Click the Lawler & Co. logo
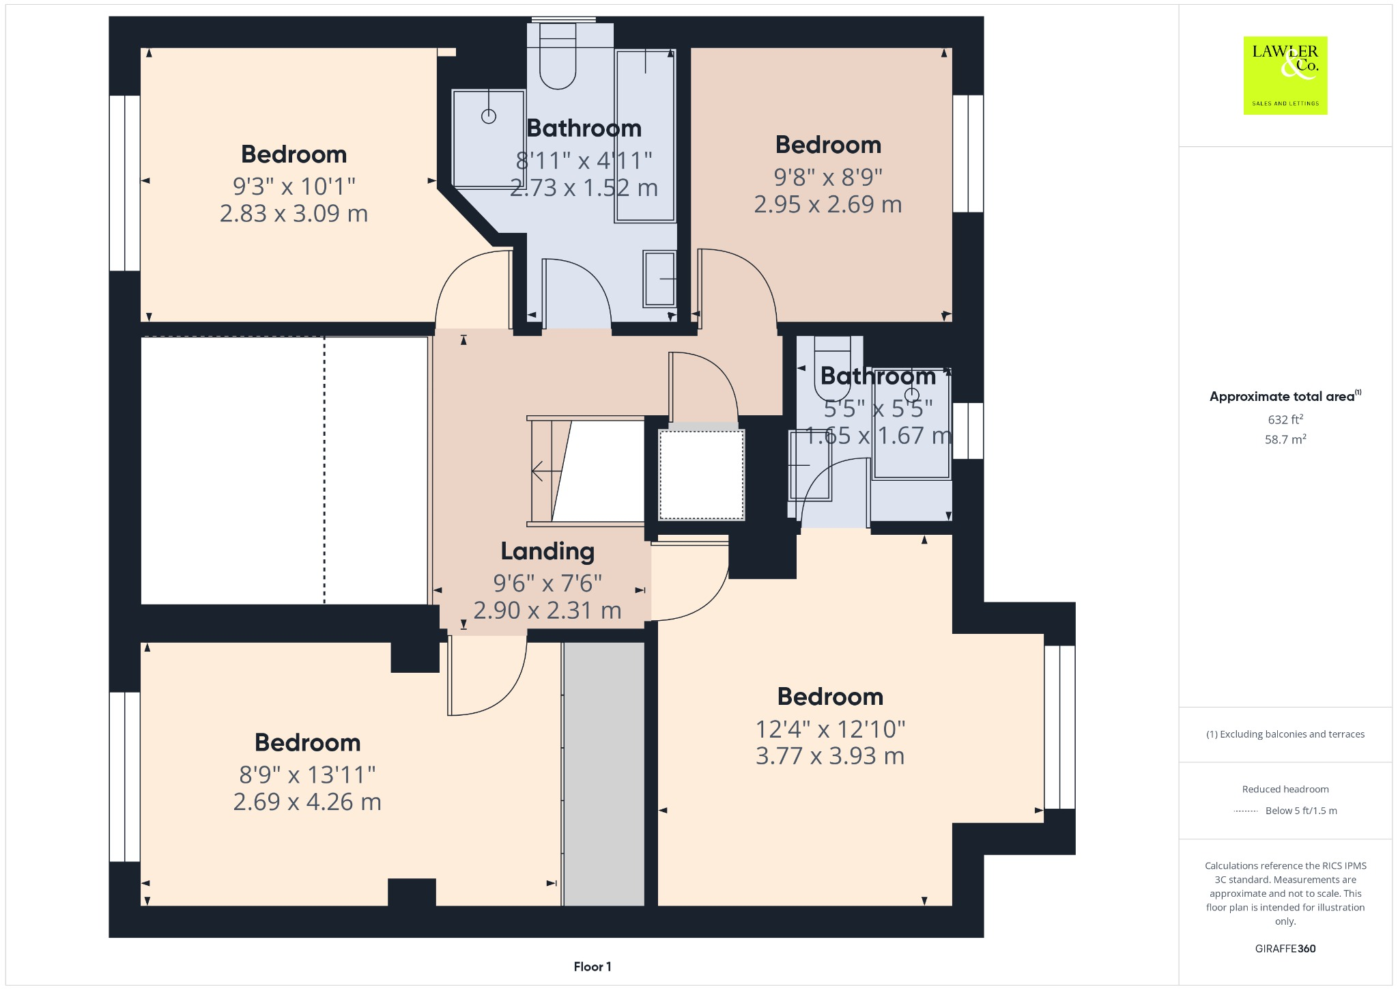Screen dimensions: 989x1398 1285,75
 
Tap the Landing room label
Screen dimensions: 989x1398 547,551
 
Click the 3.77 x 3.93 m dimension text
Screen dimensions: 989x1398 830,756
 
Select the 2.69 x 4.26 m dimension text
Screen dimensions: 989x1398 307,802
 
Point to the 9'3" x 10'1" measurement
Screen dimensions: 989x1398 294,186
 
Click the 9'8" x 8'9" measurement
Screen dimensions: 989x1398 828,177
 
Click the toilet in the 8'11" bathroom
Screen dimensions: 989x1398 558,58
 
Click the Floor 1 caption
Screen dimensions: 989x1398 593,966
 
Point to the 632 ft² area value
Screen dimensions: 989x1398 1285,419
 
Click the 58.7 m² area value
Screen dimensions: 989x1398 1285,439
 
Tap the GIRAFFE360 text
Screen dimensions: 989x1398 1285,948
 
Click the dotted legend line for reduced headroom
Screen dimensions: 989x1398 1246,811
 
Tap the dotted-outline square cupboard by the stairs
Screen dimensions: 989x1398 702,474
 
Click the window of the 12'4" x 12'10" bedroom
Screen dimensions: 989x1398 1059,727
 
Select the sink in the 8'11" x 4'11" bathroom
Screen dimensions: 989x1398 659,279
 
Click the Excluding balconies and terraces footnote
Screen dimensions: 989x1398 1285,734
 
